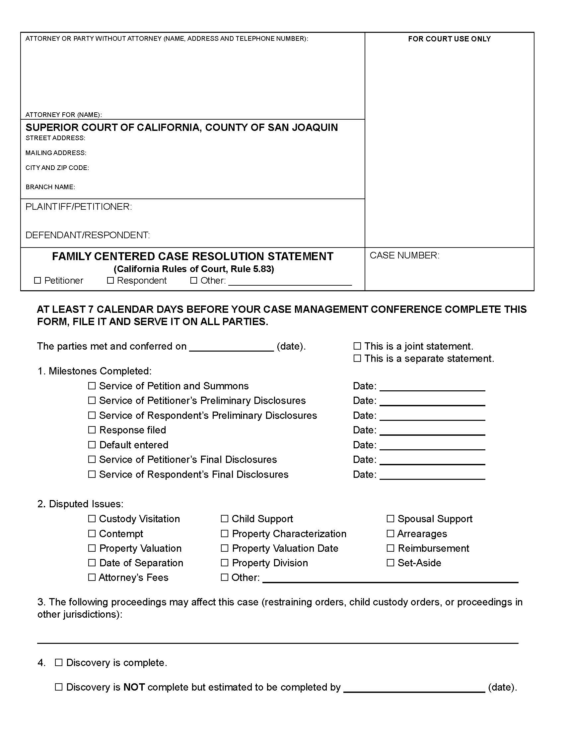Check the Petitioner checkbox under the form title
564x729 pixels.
coord(37,280)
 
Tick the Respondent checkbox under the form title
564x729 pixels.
coord(110,280)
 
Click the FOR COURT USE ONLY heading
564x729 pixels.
coord(449,39)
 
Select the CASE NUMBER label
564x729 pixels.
coord(404,255)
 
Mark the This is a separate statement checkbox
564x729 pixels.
coord(357,358)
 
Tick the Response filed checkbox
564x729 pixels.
coord(92,430)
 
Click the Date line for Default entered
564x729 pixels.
coord(432,446)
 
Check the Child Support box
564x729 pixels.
coord(225,519)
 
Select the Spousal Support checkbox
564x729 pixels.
coord(390,519)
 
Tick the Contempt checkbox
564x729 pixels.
coord(92,533)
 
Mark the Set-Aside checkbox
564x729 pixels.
coord(390,563)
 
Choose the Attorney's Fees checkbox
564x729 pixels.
coord(92,578)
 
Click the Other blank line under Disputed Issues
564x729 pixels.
coord(390,579)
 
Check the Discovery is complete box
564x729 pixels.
coord(59,663)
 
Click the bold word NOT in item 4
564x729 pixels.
coord(134,687)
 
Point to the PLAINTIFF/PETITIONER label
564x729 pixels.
coord(79,207)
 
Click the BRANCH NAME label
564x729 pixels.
coord(50,187)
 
